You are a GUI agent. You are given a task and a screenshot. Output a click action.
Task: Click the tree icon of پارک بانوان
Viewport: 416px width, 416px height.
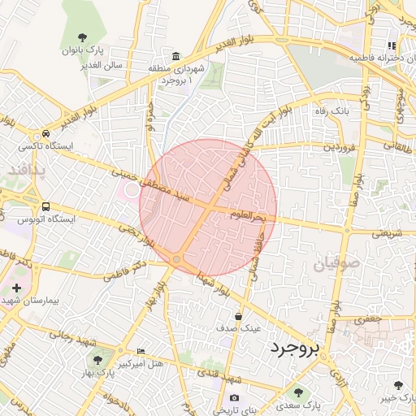(x=82, y=37)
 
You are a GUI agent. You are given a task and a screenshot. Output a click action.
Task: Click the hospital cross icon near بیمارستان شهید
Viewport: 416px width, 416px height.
(x=16, y=288)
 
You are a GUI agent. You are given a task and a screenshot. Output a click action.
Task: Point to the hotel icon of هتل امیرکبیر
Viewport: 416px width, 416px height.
(x=141, y=351)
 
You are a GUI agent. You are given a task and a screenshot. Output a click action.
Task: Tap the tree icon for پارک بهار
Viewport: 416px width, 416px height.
(x=98, y=359)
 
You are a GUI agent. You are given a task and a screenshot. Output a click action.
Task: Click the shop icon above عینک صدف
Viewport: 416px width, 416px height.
(x=238, y=316)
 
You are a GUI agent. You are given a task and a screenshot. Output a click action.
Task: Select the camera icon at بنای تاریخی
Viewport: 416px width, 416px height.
(x=234, y=397)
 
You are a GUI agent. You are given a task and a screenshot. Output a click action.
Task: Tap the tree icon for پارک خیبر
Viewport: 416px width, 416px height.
(x=397, y=385)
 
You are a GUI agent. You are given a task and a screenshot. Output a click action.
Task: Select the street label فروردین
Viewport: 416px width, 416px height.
(x=340, y=148)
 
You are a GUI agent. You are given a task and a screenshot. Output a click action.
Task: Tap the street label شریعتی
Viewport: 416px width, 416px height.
(x=388, y=233)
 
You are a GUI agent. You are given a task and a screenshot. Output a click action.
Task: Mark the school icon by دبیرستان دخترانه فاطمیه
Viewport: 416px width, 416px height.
(x=392, y=46)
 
